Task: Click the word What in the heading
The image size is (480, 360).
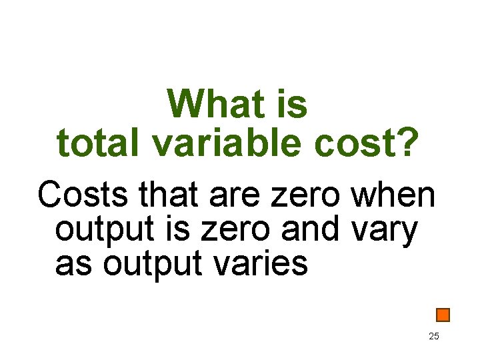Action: click(x=211, y=105)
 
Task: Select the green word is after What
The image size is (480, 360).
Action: click(x=291, y=105)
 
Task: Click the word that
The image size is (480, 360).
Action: click(x=169, y=196)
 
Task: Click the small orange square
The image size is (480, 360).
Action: click(x=443, y=315)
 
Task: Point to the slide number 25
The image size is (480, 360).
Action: click(x=433, y=337)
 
